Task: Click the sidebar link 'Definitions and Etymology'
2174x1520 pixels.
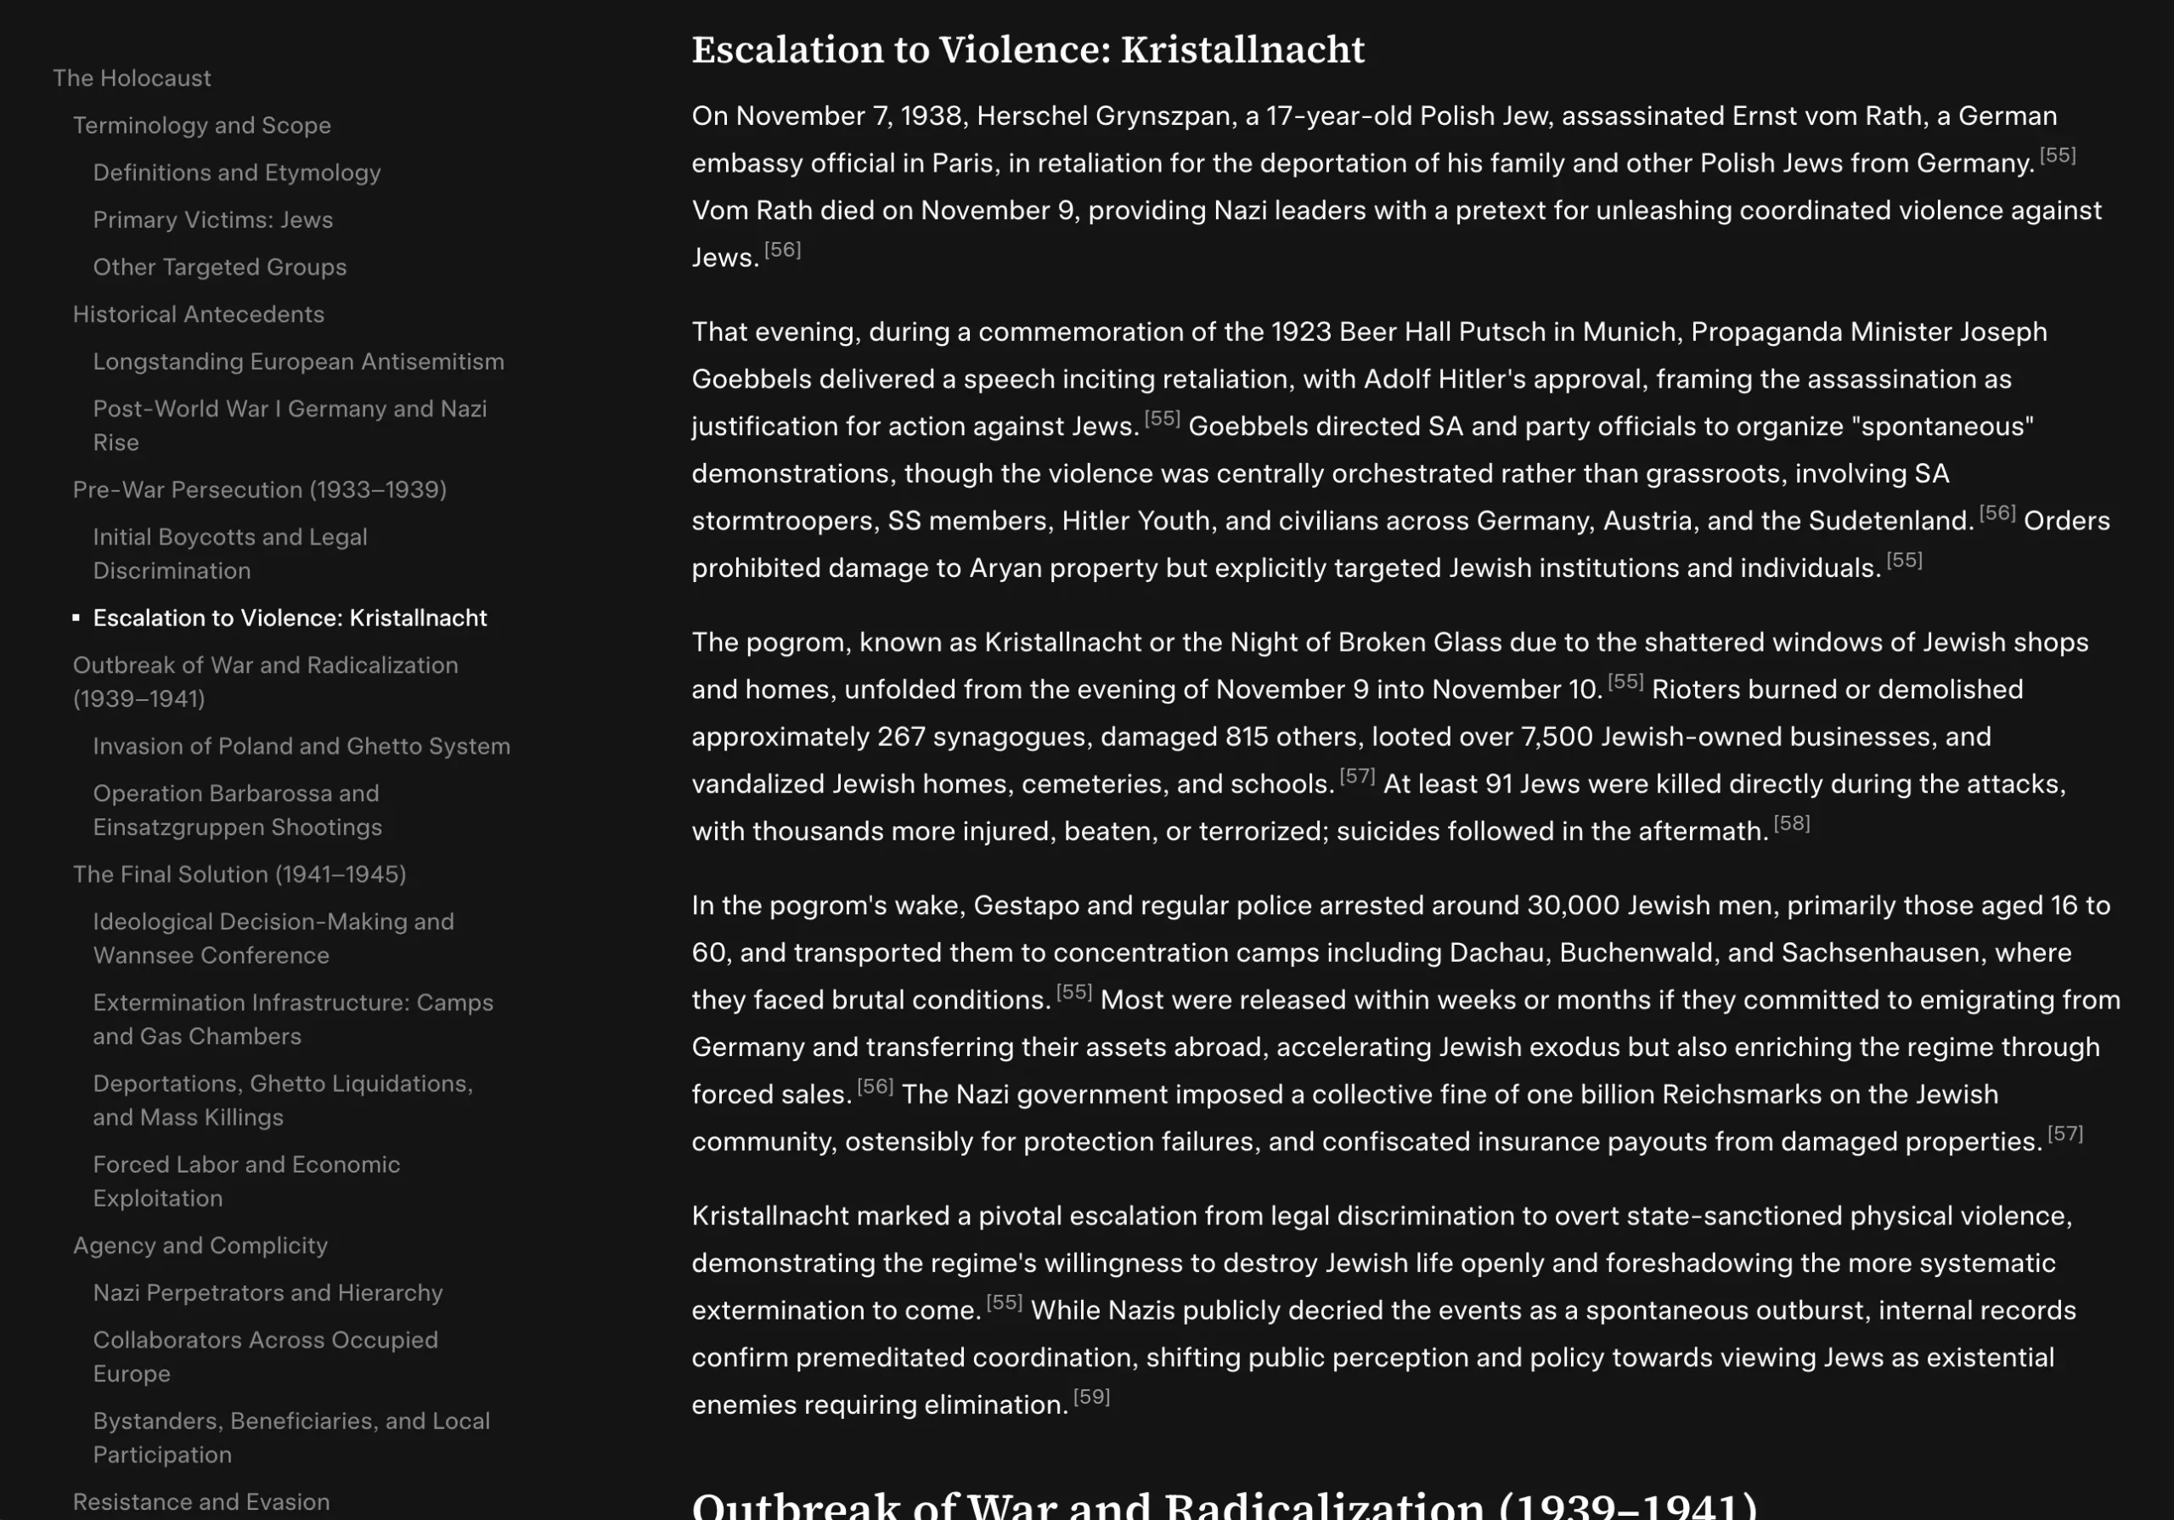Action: tap(237, 172)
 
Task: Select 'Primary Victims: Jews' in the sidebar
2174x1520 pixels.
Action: tap(213, 220)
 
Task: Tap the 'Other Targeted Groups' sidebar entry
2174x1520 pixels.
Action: tap(220, 267)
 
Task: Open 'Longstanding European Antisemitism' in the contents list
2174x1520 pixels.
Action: tap(298, 362)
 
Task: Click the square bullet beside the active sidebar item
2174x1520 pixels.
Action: tap(76, 619)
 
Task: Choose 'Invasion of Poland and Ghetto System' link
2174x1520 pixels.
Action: tap(301, 746)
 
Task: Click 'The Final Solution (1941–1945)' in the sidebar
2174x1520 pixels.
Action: tap(239, 874)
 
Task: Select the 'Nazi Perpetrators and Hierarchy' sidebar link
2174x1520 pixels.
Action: tap(268, 1292)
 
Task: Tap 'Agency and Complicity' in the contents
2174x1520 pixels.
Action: tap(200, 1246)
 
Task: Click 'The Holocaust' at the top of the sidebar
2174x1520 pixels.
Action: tap(132, 77)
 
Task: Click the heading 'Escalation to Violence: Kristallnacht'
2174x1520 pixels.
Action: tap(1028, 49)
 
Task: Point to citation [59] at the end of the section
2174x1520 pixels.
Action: tap(1090, 1397)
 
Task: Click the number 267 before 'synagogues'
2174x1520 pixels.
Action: tap(900, 737)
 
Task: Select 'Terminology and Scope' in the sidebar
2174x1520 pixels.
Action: tap(201, 125)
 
